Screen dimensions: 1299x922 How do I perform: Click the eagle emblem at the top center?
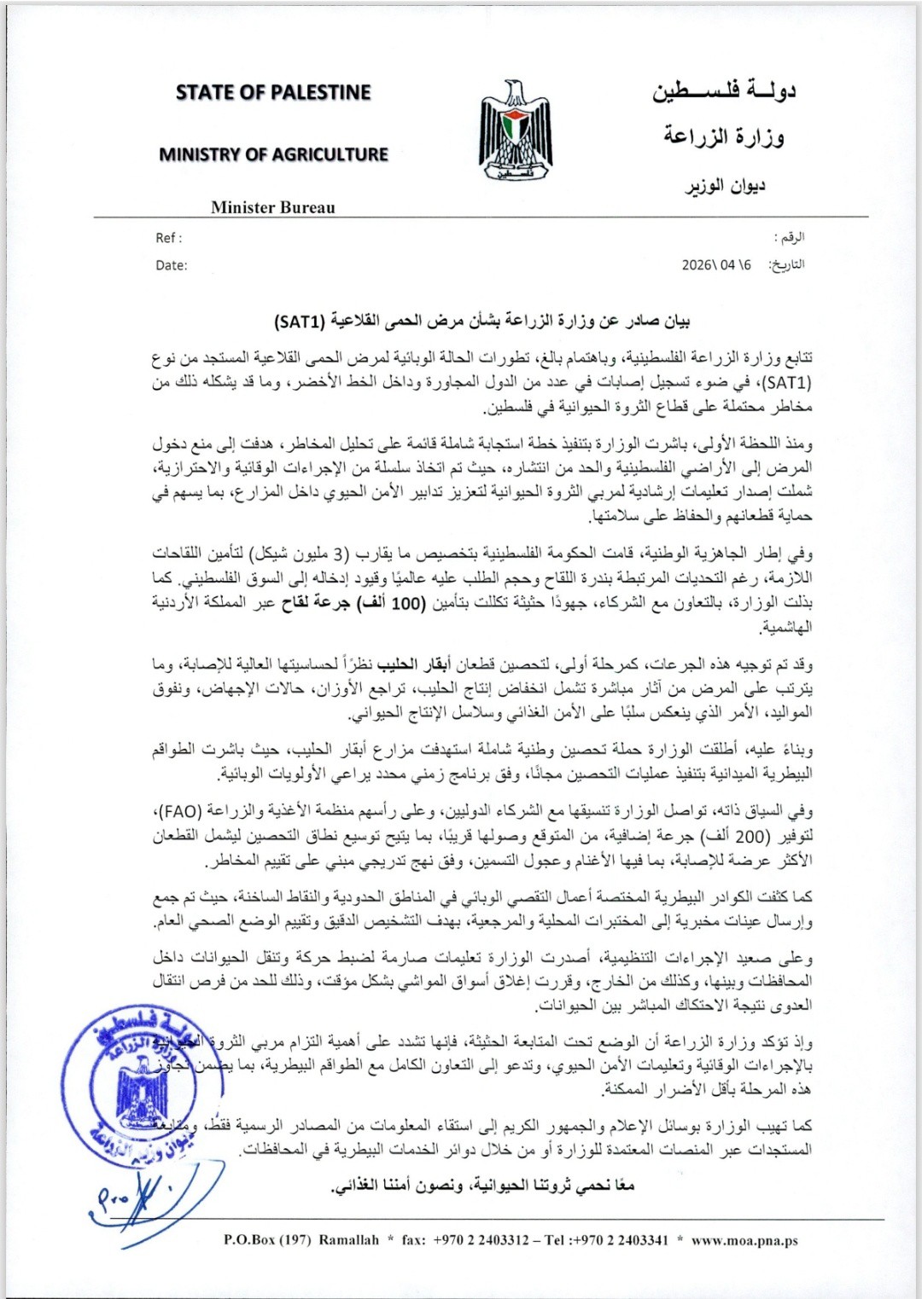515,129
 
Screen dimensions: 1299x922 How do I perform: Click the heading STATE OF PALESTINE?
273,92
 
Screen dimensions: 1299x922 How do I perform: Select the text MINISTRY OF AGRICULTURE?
273,154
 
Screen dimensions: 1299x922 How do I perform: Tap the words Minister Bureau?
273,207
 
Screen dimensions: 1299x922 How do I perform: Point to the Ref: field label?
168,238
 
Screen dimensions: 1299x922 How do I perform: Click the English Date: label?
171,265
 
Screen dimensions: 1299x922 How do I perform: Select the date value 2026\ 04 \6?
716,265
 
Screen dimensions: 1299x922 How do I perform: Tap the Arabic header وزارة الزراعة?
724,136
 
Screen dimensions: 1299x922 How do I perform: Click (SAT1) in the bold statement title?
300,322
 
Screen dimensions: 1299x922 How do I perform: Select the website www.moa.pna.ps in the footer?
744,1240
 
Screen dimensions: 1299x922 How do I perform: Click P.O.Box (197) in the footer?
267,1240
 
